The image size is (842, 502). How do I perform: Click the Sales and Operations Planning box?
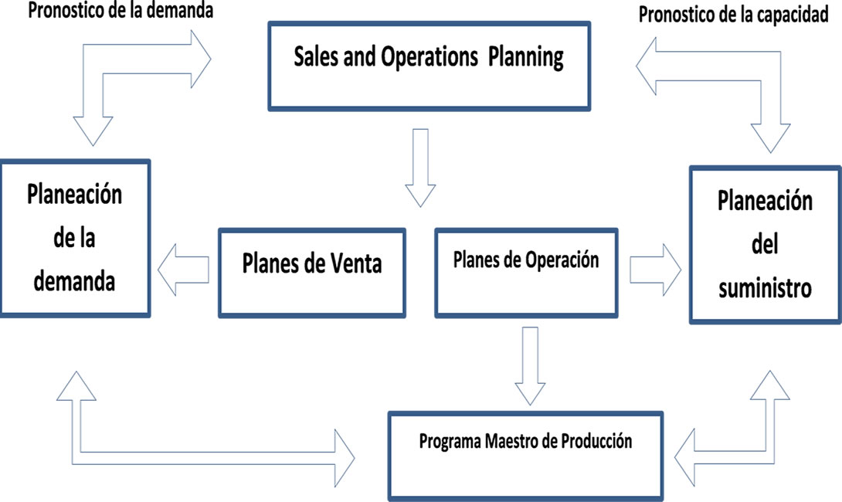429,66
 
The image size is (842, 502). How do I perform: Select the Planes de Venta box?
312,273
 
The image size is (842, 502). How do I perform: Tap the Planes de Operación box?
526,273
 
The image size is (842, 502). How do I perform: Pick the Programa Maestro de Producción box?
526,456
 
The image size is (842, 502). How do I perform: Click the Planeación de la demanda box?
75,239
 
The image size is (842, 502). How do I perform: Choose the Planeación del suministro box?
766,245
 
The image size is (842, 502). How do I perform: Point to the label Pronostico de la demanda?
121,11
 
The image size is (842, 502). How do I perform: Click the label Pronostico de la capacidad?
734,15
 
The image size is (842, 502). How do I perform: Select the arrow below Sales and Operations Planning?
420,168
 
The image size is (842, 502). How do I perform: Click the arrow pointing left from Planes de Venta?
183,270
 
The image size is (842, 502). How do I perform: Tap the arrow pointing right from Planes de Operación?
656,270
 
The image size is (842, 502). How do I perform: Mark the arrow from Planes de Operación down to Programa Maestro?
530,365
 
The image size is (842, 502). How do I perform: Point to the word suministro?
766,288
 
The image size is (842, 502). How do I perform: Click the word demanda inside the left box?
74,281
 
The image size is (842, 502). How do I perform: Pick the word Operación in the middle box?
562,259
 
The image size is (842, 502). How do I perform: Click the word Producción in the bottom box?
596,441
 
